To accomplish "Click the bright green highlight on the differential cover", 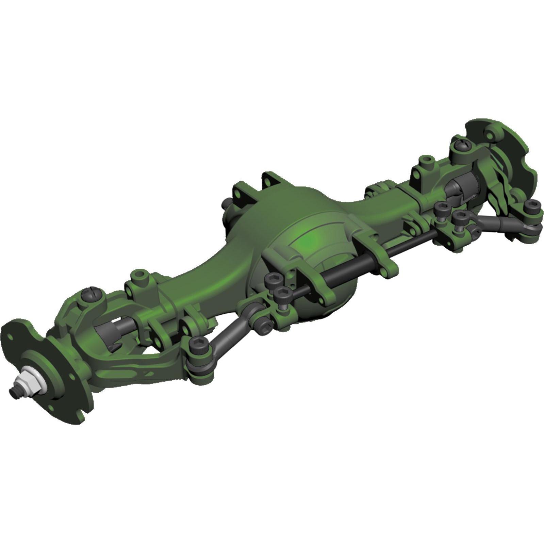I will pos(308,240).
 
